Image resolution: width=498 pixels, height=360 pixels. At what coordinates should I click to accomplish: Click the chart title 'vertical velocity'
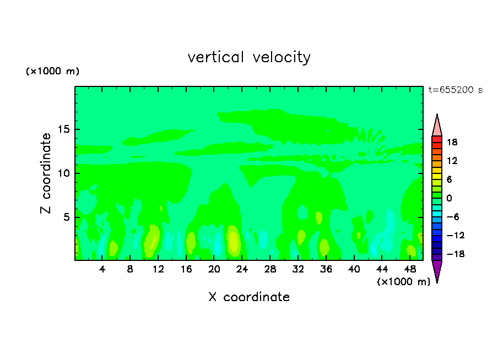tap(249, 57)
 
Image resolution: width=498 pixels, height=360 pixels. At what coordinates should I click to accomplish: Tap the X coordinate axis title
tap(249, 297)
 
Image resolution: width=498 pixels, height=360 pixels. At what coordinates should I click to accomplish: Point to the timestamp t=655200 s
tap(456, 90)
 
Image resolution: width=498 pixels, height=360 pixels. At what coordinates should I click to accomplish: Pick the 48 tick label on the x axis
tap(409, 269)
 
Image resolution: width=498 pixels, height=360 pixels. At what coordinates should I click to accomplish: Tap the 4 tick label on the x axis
tap(102, 269)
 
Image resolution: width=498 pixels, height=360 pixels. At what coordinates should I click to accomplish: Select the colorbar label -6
tap(452, 217)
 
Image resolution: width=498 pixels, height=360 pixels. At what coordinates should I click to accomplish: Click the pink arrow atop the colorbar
tap(437, 126)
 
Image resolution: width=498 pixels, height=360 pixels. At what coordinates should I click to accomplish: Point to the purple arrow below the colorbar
tap(437, 271)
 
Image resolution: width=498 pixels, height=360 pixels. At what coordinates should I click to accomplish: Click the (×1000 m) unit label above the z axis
tap(53, 72)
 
